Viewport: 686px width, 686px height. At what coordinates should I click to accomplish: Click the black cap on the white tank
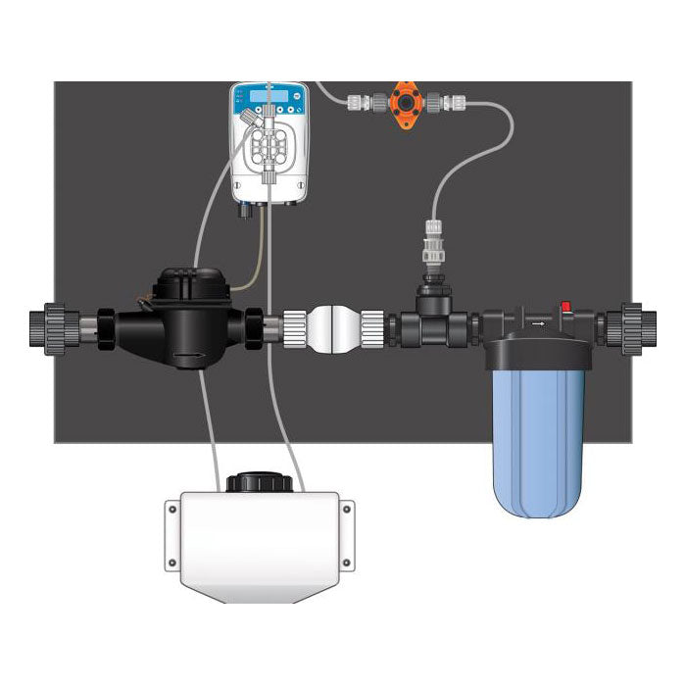256,483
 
